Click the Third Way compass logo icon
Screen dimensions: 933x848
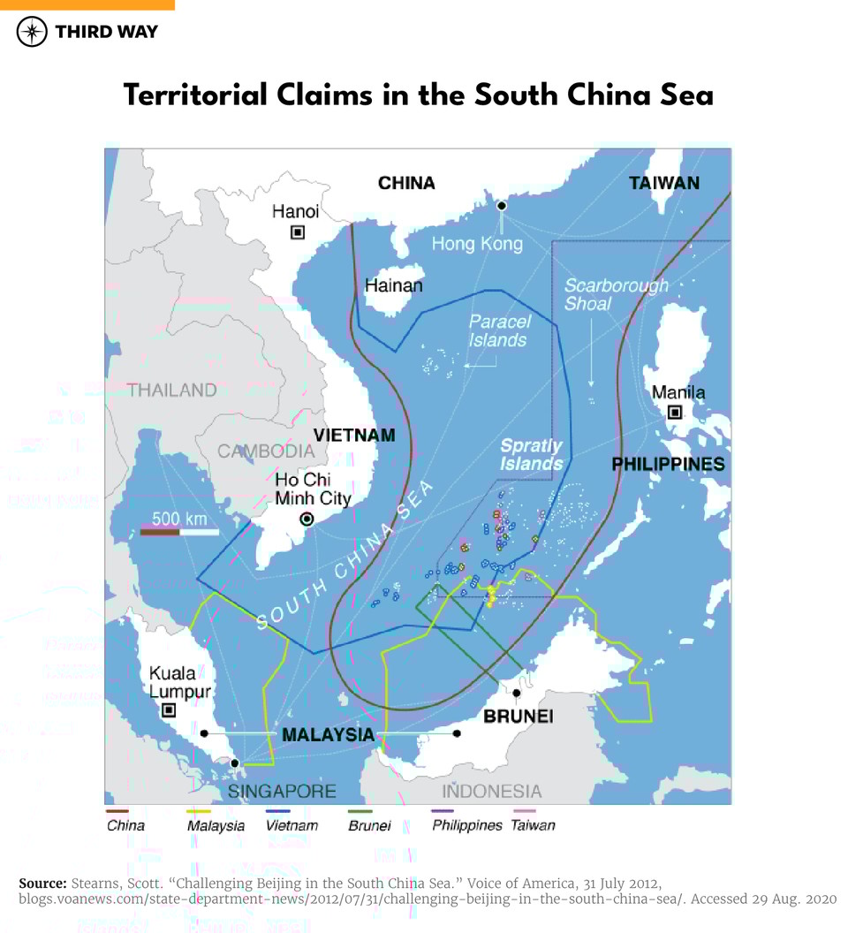32,32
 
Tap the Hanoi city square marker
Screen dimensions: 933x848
298,232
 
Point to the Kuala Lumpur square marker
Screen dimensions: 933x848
169,709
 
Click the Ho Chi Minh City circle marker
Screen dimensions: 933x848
307,520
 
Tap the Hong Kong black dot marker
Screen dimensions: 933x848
502,205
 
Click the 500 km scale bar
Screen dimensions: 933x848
179,531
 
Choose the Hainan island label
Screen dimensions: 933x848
393,285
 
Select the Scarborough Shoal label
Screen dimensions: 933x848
616,294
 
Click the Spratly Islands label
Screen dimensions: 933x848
532,454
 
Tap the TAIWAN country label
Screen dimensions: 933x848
663,183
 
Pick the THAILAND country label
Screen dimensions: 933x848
171,390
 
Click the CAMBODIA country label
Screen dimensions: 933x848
266,451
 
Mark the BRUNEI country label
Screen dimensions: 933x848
518,716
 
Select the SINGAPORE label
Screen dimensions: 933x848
282,791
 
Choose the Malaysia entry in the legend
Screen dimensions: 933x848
216,825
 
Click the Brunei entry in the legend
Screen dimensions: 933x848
369,825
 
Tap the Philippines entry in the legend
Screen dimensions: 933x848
466,824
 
